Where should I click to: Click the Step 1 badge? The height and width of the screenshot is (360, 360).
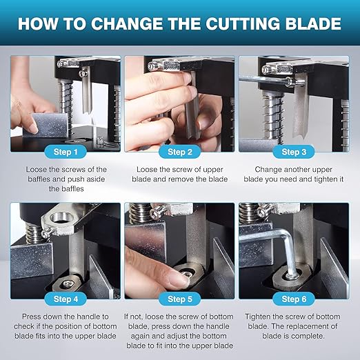pos(66,152)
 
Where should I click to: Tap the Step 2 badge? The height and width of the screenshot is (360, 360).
pos(180,152)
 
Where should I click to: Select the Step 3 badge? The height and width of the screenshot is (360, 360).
pos(294,152)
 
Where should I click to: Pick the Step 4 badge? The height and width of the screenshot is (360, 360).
pos(66,299)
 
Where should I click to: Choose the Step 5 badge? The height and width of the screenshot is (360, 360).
pos(180,299)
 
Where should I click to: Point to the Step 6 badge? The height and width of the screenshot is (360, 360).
pos(294,299)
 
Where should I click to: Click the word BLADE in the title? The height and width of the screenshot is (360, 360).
pos(314,23)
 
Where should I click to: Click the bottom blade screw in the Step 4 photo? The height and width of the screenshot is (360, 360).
pos(66,284)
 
